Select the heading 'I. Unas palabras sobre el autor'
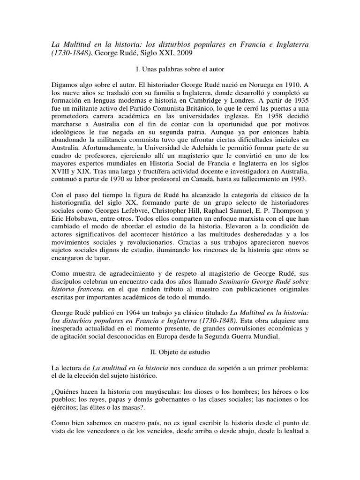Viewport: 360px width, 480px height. point(180,70)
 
